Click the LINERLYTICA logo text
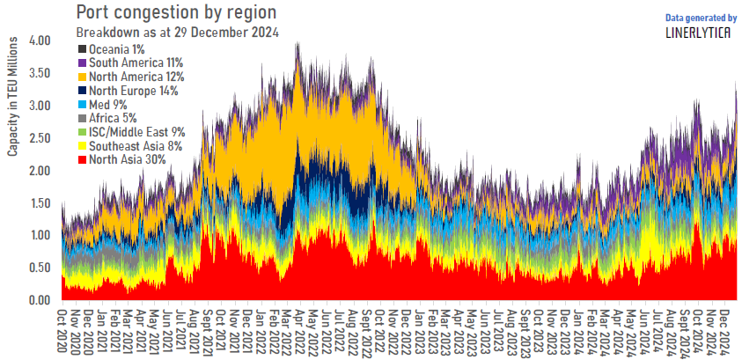(700, 33)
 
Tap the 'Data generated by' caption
(701, 17)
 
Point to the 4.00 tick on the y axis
(40, 40)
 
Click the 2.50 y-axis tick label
(40, 138)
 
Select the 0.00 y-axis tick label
(40, 300)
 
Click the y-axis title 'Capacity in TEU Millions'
(13, 98)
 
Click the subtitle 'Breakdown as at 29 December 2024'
(177, 33)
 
